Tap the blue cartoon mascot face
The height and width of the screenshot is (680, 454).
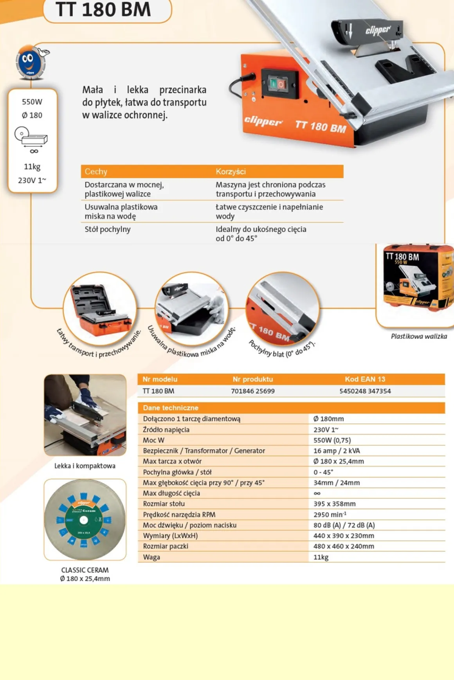30,62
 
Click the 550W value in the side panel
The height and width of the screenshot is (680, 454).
32,102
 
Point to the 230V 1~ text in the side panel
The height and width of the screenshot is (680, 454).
32,180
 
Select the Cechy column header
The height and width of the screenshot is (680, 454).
96,171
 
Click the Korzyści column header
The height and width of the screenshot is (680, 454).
231,171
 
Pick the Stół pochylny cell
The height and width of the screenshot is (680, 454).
108,229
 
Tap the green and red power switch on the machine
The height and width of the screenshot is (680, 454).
277,84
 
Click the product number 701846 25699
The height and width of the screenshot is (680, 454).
253,391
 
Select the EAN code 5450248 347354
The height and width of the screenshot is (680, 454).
365,391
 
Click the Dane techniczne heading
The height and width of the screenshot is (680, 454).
171,408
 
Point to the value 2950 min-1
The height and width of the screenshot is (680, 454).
330,514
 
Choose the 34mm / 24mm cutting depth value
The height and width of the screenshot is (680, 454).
337,483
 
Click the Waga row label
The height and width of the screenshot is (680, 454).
151,557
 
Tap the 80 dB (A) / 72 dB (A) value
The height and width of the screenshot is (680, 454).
344,525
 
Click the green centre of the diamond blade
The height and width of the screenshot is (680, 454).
84,520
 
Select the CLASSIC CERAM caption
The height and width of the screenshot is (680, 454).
85,570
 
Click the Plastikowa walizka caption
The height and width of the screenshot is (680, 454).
419,336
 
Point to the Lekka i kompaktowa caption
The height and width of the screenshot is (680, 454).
85,466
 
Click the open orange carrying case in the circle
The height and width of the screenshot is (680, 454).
100,309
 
